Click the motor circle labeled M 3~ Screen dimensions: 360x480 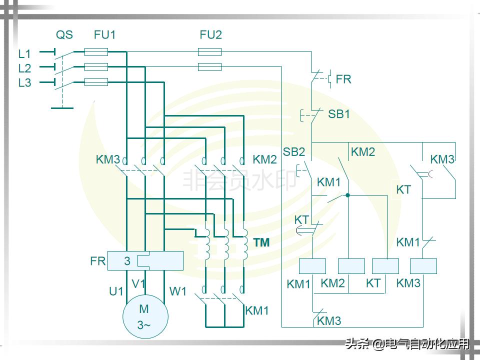tap(145, 316)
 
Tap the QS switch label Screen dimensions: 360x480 tap(64, 35)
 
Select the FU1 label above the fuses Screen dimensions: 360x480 tap(104, 35)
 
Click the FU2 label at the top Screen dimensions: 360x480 tap(210, 35)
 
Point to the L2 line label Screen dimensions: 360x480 tap(24, 68)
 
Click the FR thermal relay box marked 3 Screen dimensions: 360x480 tap(145, 260)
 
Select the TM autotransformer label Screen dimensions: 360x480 tap(261, 243)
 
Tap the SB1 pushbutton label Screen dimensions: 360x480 tap(338, 114)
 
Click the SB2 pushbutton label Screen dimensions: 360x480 tap(293, 152)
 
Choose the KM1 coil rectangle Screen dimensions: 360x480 tap(312, 266)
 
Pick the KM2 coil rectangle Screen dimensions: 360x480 tap(351, 266)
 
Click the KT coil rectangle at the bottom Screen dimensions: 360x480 tap(385, 266)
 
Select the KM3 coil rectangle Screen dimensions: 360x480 tap(423, 266)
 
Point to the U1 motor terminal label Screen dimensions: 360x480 tap(116, 291)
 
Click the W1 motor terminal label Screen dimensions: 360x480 tap(177, 291)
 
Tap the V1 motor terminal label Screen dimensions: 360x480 tap(138, 284)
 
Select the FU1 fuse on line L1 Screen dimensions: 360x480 tap(96, 51)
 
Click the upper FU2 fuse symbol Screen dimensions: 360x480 tap(210, 51)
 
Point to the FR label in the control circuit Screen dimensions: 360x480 tap(343, 79)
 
